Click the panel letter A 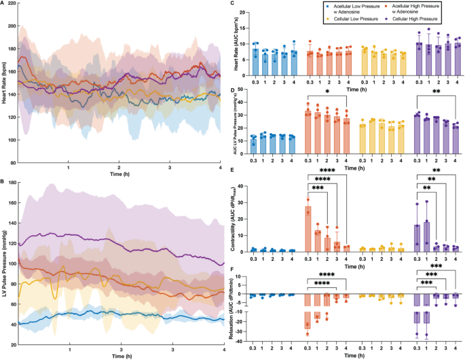click(4, 4)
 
